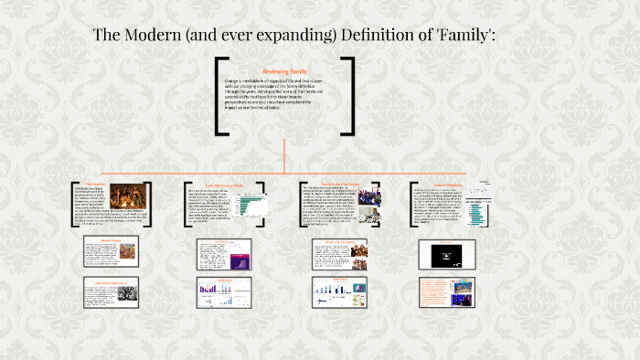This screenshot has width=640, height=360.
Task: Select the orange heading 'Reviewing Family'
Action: pyautogui.click(x=284, y=70)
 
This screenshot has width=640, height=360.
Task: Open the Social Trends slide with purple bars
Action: pyautogui.click(x=219, y=291)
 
